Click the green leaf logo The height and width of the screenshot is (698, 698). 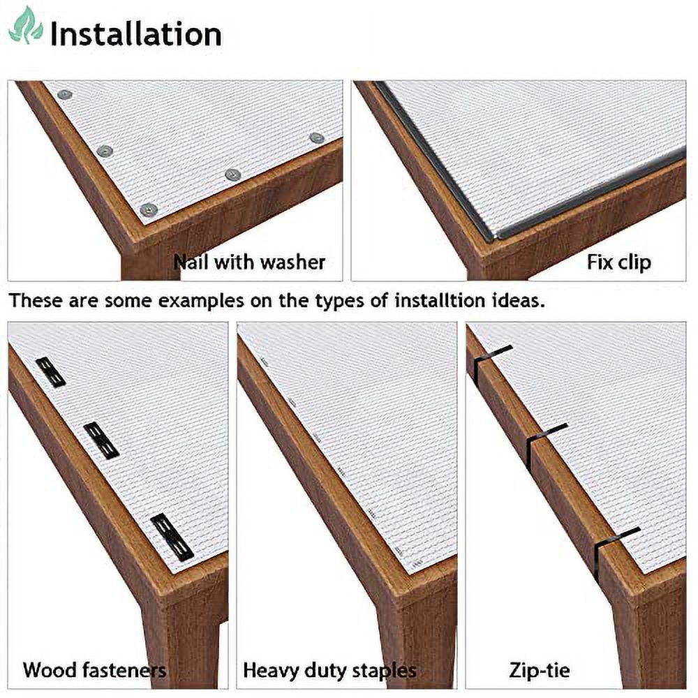coord(26,25)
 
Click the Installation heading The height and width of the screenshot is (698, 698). coord(136,34)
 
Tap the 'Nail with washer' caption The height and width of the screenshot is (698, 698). coord(249,262)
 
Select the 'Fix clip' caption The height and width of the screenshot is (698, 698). coord(618,262)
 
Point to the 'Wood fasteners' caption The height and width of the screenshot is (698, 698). coord(94,670)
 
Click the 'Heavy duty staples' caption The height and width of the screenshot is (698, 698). coord(329,670)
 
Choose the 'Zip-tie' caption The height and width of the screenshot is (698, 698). coord(540,670)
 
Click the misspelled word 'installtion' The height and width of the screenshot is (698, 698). coord(439,300)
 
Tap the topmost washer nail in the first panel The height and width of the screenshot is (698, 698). coord(65,94)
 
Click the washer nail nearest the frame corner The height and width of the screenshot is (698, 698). coord(149,209)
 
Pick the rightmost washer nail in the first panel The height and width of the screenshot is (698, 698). coord(316,138)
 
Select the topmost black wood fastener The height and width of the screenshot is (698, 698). coord(51,372)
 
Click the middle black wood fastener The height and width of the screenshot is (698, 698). coord(101,440)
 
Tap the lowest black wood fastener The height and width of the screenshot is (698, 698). coord(172,537)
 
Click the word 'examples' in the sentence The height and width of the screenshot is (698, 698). coord(201,302)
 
